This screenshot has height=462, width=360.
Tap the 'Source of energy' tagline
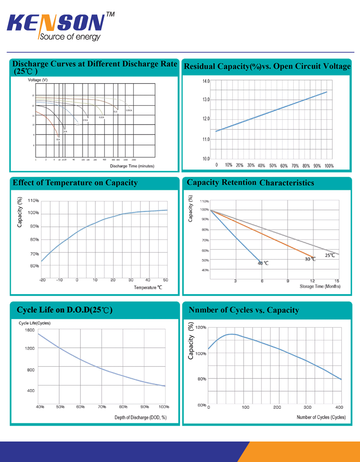coord(69,37)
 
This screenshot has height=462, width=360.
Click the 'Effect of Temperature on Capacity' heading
coord(75,183)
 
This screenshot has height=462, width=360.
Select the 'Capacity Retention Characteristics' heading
coord(250,183)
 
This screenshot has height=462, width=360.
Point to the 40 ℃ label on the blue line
coord(263,263)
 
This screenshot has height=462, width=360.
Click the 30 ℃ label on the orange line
coord(310,259)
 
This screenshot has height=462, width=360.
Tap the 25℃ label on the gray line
coord(330,255)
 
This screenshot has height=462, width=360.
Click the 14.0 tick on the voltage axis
coord(205,81)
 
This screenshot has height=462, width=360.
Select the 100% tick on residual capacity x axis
coord(328,166)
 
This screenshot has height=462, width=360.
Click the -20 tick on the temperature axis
coord(42,280)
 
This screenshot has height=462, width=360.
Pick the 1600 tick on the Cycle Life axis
coord(30,330)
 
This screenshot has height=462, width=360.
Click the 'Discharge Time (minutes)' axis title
coord(132,166)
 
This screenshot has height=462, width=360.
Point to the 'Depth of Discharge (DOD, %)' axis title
coord(140,418)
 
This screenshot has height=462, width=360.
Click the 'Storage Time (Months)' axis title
coord(320,286)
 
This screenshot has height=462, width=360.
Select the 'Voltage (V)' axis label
coord(38,80)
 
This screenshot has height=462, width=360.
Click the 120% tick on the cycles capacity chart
coord(201,327)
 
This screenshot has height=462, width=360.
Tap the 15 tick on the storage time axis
coord(337,281)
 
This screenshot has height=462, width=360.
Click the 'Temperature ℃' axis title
coord(148,288)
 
